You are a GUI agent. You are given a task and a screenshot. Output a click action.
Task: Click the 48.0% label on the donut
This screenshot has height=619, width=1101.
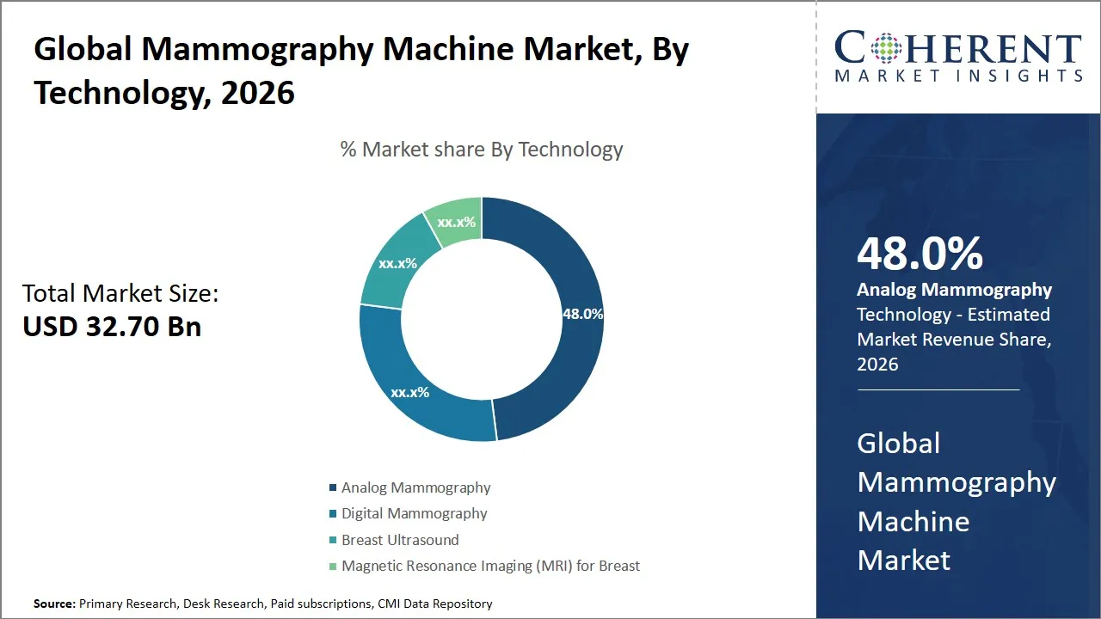[582, 314]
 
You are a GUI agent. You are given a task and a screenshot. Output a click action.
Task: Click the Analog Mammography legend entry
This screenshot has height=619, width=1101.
[415, 487]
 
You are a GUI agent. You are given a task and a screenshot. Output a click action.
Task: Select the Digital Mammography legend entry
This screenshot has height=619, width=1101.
[414, 513]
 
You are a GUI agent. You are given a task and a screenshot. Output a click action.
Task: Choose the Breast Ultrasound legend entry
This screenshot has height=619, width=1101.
[400, 540]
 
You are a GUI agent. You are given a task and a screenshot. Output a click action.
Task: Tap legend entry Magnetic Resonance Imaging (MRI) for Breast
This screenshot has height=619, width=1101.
[490, 566]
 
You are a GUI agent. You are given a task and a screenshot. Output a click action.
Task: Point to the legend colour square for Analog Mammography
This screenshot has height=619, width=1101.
[333, 488]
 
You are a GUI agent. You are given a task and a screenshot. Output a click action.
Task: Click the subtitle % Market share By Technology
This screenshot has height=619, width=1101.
[481, 150]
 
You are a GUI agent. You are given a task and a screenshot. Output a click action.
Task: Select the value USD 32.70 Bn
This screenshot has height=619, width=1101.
[112, 327]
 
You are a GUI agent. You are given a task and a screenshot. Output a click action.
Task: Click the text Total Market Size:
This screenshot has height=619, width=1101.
[120, 294]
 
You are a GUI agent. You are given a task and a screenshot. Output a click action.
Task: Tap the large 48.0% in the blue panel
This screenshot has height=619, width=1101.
[920, 254]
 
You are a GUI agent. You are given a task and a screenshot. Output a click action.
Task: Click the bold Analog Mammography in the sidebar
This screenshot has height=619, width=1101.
[954, 290]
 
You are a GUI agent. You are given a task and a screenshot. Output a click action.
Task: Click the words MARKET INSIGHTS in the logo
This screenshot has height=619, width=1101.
[958, 76]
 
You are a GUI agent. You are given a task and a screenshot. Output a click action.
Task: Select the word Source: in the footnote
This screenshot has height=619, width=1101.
[54, 604]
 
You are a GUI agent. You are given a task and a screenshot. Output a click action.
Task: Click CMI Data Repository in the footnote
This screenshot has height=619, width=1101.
[434, 604]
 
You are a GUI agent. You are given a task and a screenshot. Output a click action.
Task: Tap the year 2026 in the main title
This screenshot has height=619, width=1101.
[257, 93]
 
